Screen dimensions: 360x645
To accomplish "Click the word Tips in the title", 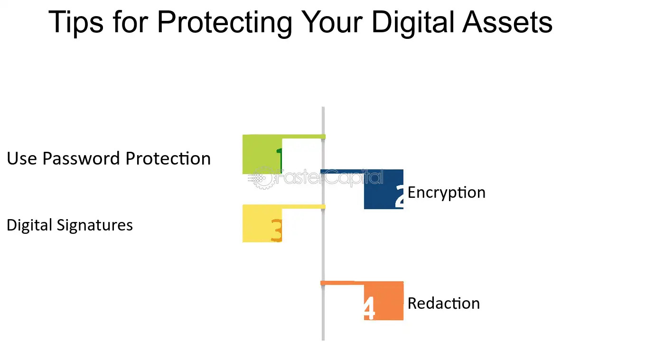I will [75, 22].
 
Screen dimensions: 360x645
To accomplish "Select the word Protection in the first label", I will [174, 158].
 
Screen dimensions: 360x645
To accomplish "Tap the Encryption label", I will [446, 193].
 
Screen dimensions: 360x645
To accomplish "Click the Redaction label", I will [443, 304].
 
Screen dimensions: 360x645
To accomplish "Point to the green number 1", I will [279, 158].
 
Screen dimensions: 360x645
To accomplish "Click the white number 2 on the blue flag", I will [399, 196].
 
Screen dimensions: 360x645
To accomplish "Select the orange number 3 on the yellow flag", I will [276, 231].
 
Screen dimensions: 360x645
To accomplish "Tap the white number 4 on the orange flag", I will [368, 309].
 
